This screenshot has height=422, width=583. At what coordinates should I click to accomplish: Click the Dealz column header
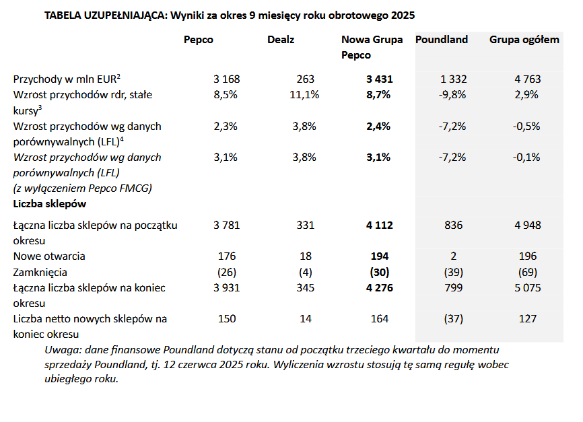click(281, 40)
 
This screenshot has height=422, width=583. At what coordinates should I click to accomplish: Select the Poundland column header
click(441, 40)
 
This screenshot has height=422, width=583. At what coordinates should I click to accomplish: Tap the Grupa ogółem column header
click(524, 40)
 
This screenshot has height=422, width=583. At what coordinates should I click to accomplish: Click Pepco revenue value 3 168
click(226, 79)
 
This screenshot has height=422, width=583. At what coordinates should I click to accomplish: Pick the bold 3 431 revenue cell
click(379, 79)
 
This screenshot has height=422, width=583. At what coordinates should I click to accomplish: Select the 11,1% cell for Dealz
click(304, 95)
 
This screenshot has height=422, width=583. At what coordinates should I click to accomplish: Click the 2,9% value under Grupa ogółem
click(526, 95)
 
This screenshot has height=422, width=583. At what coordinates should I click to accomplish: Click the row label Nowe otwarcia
click(49, 256)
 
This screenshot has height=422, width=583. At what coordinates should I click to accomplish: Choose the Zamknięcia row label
click(44, 273)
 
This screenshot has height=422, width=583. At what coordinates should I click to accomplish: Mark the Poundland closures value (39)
click(454, 273)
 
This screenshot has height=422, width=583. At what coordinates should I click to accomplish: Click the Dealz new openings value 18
click(306, 256)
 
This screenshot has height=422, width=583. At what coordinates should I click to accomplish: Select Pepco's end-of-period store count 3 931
click(226, 288)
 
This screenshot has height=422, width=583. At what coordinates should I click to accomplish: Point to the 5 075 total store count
click(526, 288)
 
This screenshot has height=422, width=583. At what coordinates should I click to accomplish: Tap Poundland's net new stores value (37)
click(454, 319)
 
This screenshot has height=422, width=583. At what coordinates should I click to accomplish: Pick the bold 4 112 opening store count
click(379, 225)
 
